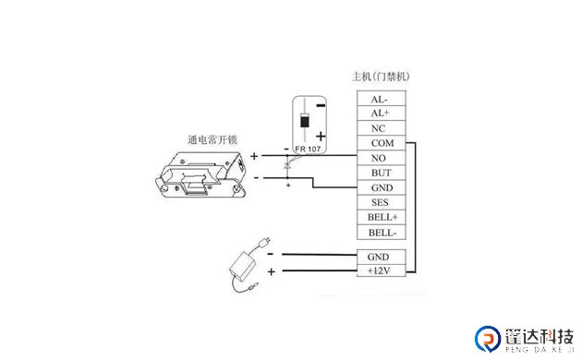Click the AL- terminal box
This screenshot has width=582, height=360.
[379, 99]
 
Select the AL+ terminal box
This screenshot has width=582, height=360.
[379, 114]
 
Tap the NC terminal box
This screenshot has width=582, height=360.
[379, 128]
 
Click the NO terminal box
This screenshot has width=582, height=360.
[379, 158]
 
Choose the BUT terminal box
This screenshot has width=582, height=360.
[381, 173]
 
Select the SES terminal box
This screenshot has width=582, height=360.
[380, 202]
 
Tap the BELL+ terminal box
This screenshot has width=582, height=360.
[381, 217]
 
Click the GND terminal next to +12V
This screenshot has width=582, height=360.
[381, 256]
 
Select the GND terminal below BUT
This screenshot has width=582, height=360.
[381, 187]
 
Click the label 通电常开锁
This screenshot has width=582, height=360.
[212, 140]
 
